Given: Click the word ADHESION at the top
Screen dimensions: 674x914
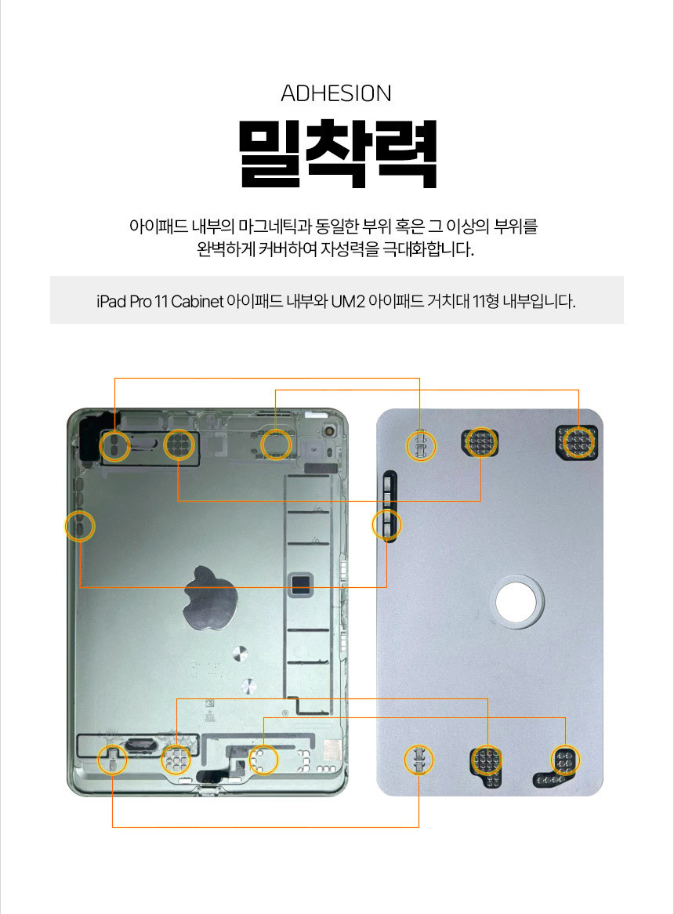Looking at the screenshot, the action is tap(336, 93).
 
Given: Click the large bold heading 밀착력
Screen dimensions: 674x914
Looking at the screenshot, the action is tap(337, 154).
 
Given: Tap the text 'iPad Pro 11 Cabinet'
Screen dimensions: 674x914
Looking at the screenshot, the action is tap(160, 301).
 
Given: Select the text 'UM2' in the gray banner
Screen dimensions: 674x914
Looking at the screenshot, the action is tap(348, 301).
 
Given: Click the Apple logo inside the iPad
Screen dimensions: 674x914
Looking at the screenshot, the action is tap(210, 598).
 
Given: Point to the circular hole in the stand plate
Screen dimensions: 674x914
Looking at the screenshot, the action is tap(517, 602).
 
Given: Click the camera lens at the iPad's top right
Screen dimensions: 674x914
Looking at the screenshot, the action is tap(330, 432).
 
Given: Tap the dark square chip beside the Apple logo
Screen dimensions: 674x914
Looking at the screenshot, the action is tap(301, 586).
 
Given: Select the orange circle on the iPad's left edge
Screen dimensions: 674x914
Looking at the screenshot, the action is tap(80, 526).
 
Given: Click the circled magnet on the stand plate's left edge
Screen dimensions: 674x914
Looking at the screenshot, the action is tap(387, 525).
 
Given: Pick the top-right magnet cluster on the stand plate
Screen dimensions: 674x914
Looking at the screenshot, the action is tap(578, 442).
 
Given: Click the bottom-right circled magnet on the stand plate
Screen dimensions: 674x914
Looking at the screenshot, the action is tap(565, 760).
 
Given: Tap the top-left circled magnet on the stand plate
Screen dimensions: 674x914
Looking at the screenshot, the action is tap(421, 447).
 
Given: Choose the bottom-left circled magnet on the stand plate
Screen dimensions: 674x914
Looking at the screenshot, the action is tap(419, 760).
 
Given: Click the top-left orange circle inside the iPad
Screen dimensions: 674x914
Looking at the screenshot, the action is tap(114, 447).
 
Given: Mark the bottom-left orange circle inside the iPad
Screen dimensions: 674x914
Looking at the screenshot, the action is tap(112, 760).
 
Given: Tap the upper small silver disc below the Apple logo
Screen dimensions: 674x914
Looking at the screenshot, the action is tap(240, 654).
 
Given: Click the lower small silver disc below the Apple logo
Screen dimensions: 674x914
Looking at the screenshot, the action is tap(248, 686).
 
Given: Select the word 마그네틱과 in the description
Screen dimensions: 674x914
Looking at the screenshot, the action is tap(275, 227).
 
